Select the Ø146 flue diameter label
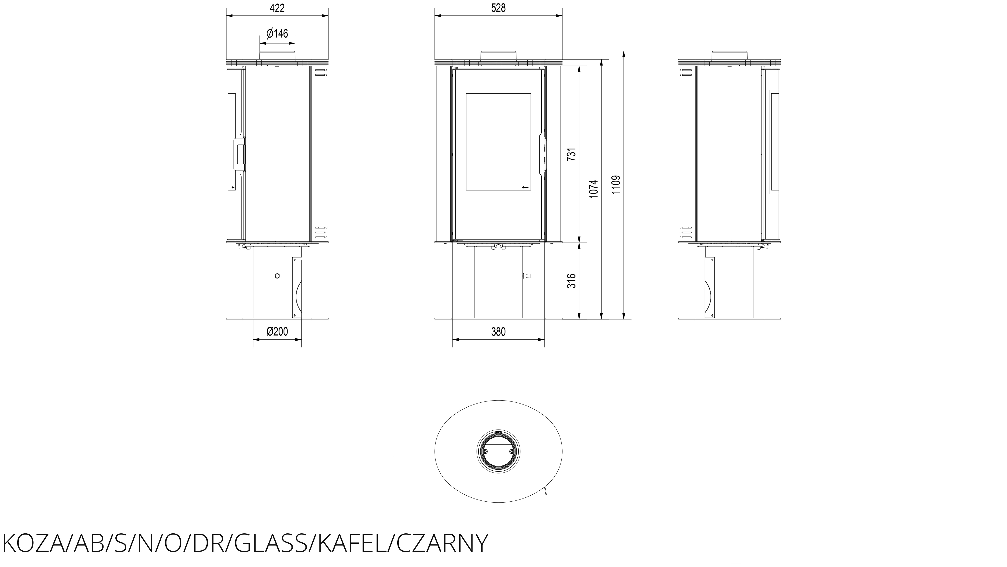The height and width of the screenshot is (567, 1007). (x=277, y=34)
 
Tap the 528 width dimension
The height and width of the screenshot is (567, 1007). (x=498, y=8)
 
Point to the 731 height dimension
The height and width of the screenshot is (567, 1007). (x=571, y=154)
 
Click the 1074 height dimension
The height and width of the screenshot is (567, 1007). (x=594, y=189)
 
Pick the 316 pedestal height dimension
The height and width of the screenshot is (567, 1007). (x=571, y=281)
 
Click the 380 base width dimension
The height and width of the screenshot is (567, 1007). (x=498, y=332)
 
